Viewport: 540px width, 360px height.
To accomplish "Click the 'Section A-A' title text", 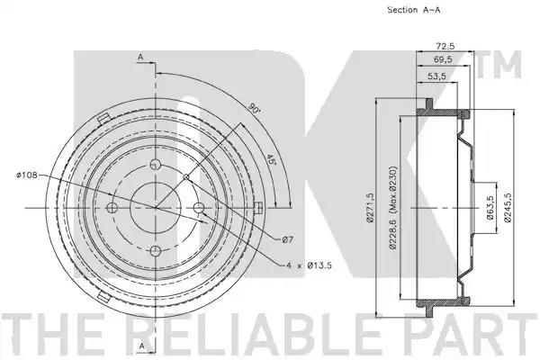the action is pyautogui.click(x=414, y=10).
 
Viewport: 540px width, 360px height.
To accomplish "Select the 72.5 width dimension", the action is pyautogui.click(x=445, y=46).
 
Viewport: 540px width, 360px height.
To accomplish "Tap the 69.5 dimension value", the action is pyautogui.click(x=443, y=59).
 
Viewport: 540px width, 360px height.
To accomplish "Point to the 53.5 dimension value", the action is pyautogui.click(x=436, y=76).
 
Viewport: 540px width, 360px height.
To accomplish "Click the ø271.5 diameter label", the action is pyautogui.click(x=370, y=208).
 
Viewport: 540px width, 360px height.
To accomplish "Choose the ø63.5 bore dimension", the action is pyautogui.click(x=490, y=207).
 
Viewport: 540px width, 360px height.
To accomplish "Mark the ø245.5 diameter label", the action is pyautogui.click(x=507, y=207).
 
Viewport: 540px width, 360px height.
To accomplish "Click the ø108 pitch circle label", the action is pyautogui.click(x=26, y=175).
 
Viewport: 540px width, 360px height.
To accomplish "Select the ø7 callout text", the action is pyautogui.click(x=288, y=239).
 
